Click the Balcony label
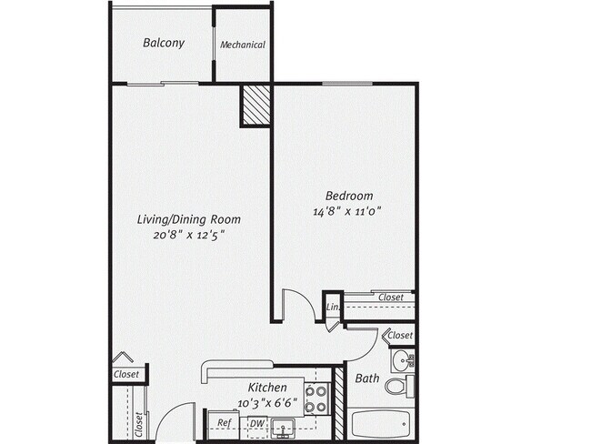[164, 43]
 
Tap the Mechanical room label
[243, 45]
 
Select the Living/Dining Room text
[188, 219]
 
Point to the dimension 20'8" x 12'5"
[187, 235]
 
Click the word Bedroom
[350, 196]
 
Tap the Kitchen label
[267, 387]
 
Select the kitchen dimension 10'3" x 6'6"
[267, 402]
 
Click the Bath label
[367, 378]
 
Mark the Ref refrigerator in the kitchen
[224, 423]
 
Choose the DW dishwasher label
[257, 423]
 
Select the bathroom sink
[406, 361]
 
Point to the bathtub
[381, 424]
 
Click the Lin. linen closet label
[333, 308]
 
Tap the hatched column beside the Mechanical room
[255, 106]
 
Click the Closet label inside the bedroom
[391, 297]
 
